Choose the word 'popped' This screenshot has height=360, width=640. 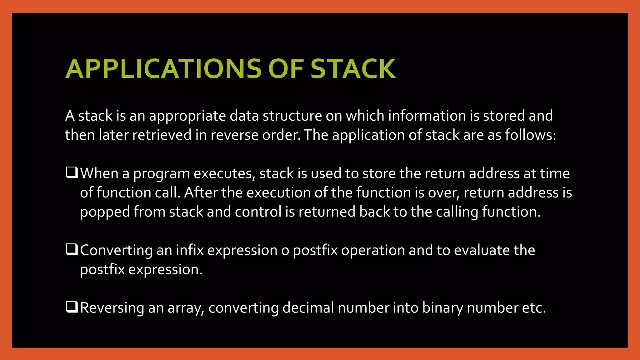[105, 212]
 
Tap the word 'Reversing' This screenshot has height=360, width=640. [112, 308]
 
